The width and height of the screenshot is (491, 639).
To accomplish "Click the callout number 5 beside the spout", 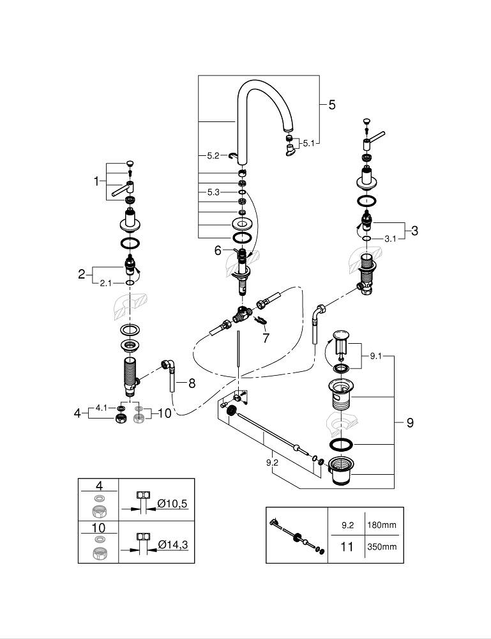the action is coord(332,105).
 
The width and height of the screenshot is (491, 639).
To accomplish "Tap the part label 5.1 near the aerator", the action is coord(309,143).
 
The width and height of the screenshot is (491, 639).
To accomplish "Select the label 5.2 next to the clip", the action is coord(213,156).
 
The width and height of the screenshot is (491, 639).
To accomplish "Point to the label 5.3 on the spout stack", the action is coord(213,192).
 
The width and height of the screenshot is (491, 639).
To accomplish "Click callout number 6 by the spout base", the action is coord(218,250).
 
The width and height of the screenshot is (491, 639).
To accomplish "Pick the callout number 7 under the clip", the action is coord(266,338).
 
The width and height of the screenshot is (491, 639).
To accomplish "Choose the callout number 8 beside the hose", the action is coord(192,383).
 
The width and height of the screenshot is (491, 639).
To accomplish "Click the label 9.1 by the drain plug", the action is coord(376,356).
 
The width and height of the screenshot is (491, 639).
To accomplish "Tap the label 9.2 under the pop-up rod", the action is coord(272,463).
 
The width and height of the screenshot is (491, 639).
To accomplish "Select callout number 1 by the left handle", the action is coord(96,181).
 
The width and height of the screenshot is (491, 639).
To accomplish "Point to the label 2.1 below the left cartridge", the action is coord(106,283).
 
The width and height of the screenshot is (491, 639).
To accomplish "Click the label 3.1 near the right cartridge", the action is coord(391,239).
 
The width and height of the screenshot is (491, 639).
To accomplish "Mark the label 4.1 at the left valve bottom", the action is coord(102,408).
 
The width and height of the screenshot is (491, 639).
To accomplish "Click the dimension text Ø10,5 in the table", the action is coord(172,504).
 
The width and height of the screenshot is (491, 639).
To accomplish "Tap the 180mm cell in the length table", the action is coord(382,525).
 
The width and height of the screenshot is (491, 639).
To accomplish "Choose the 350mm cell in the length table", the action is coord(382,546).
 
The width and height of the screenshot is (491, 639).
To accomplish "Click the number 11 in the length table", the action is coord(347,546).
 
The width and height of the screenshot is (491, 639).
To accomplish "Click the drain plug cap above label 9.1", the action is coord(341,335).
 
